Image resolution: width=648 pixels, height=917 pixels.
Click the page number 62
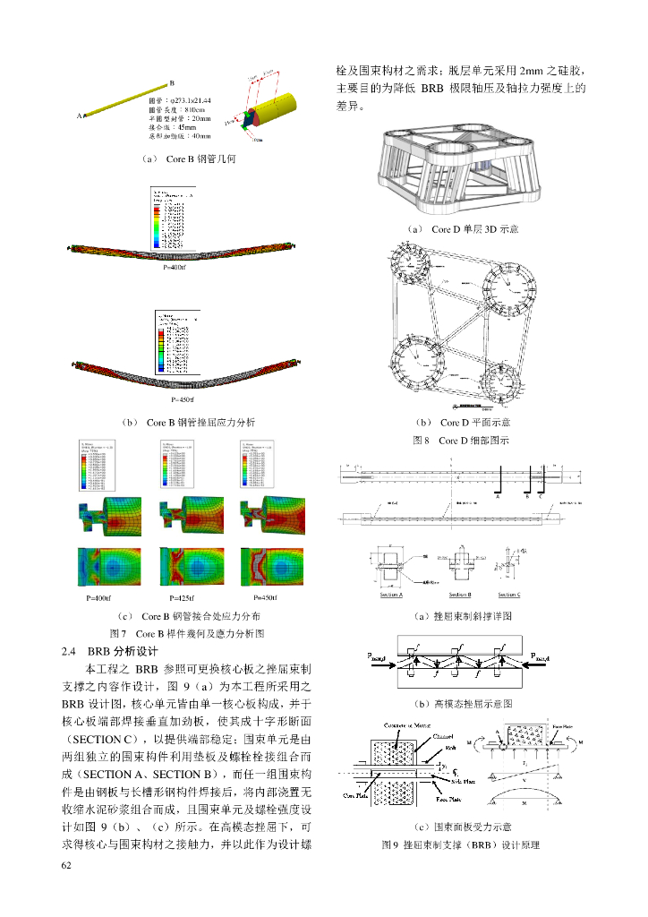pyautogui.click(x=65, y=865)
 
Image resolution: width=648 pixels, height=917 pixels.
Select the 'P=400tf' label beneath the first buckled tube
pyautogui.click(x=175, y=268)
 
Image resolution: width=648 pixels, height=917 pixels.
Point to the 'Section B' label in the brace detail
pyautogui.click(x=460, y=595)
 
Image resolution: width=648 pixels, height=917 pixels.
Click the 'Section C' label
pyautogui.click(x=509, y=595)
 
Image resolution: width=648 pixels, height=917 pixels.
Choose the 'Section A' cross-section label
pyautogui.click(x=391, y=595)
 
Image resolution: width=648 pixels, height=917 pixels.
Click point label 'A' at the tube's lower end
pyautogui.click(x=79, y=116)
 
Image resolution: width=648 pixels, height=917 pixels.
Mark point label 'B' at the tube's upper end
pyautogui.click(x=171, y=83)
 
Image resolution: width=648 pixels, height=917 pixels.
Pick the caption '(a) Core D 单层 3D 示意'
pyautogui.click(x=462, y=229)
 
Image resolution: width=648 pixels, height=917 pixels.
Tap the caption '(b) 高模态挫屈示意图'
pyautogui.click(x=462, y=704)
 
